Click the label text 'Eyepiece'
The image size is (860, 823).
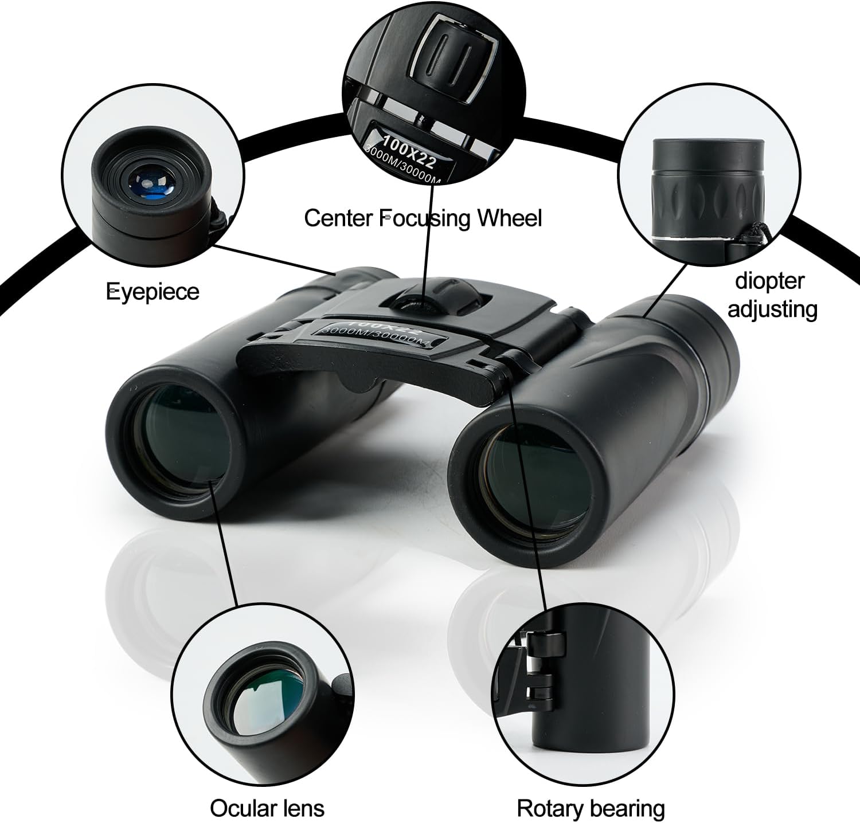click(153, 292)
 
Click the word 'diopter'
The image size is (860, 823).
click(769, 281)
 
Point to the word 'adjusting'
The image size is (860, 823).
click(772, 309)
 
